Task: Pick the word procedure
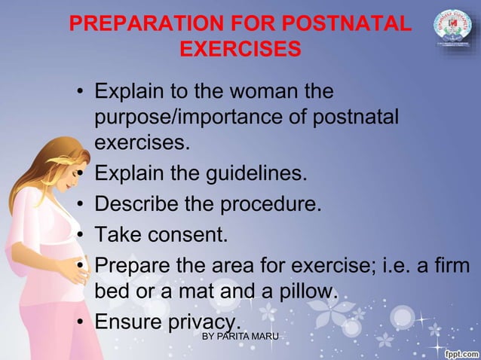[x=269, y=205]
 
